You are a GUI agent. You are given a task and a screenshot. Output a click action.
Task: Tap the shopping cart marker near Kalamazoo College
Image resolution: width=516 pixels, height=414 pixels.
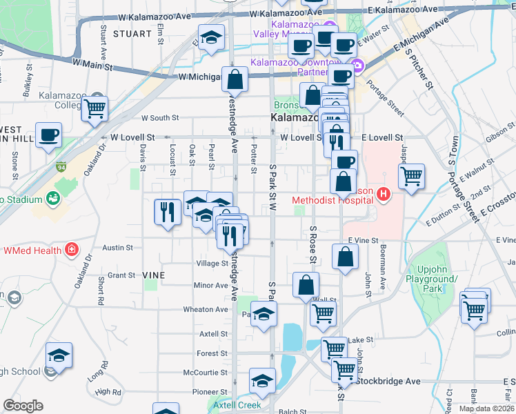(x=95, y=108)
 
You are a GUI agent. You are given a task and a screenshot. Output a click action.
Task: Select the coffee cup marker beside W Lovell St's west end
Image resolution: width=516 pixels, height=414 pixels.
(x=48, y=135)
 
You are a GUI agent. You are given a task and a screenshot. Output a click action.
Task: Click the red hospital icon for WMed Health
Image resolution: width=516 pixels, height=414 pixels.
(x=71, y=249)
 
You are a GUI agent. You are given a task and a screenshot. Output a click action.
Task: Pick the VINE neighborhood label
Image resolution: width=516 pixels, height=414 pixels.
(x=153, y=275)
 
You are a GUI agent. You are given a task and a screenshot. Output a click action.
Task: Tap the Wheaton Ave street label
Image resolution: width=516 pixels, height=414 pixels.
(x=206, y=310)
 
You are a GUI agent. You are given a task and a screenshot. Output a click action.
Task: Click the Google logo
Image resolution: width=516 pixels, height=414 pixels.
(x=23, y=406)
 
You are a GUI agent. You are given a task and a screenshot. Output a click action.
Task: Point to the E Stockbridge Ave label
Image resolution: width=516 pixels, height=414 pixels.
(x=389, y=381)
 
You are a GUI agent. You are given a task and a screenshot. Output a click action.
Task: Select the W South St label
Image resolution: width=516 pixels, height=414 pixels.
(x=160, y=118)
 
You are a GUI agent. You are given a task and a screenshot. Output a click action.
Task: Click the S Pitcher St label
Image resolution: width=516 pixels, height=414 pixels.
(x=420, y=69)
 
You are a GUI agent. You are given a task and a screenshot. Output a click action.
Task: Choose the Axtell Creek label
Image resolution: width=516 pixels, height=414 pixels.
(x=237, y=405)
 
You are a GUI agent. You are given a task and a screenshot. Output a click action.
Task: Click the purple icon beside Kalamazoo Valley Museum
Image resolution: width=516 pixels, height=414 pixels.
(x=328, y=28)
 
